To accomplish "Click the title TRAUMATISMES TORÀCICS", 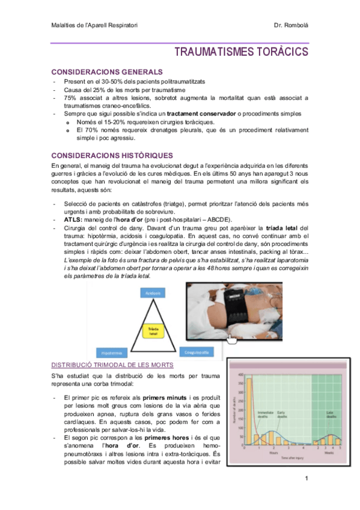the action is (x=241, y=52).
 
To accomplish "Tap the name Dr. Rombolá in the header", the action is (x=291, y=25).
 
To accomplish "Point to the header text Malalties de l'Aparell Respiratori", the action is (x=94, y=25).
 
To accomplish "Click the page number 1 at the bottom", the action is (x=307, y=479).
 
